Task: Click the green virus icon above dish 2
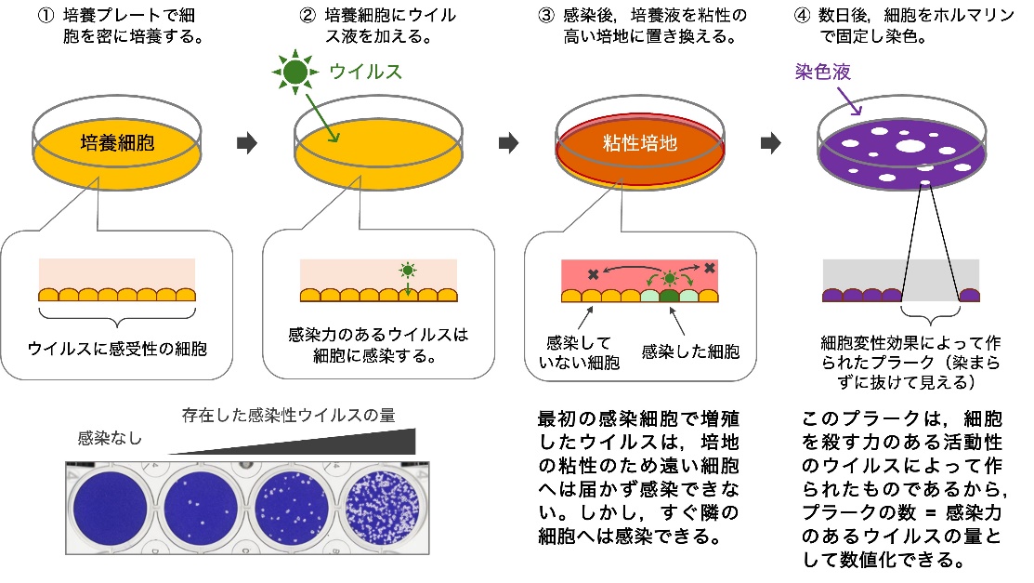[x=295, y=72]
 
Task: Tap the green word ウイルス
[x=367, y=72]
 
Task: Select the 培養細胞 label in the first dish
[x=118, y=143]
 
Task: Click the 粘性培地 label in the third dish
[x=640, y=143]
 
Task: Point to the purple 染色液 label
[x=823, y=72]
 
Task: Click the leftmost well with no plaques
[x=106, y=507]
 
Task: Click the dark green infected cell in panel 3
[x=669, y=295]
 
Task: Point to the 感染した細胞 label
[x=691, y=351]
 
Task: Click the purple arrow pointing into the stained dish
[x=853, y=102]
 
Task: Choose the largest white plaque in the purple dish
[x=910, y=145]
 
